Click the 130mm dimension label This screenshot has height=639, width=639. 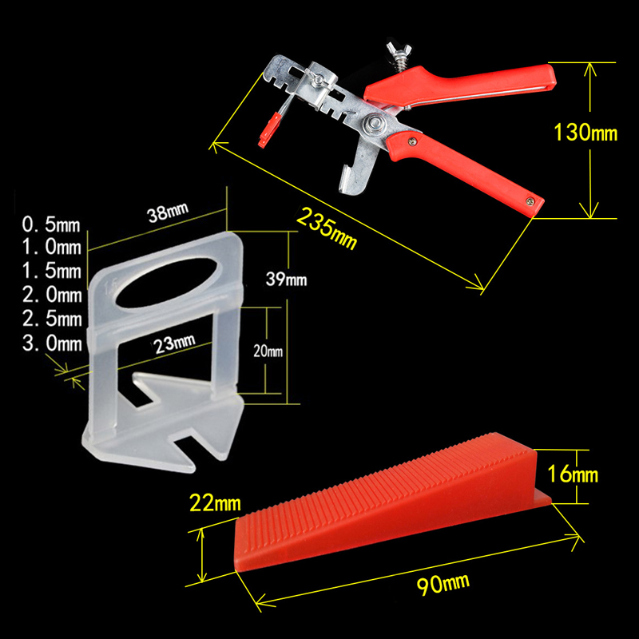pos(585,133)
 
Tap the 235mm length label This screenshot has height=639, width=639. pos(327,228)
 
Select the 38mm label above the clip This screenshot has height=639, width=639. pos(168,212)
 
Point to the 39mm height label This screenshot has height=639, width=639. pos(286,279)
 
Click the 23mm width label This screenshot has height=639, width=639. pos(175,344)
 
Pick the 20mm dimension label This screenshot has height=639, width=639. pos(268,351)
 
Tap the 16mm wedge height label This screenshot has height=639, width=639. pos(573,474)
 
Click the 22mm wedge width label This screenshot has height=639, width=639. pos(215,503)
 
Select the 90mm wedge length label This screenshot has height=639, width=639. pos(443,584)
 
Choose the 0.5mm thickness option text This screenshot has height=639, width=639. pos(51,224)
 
